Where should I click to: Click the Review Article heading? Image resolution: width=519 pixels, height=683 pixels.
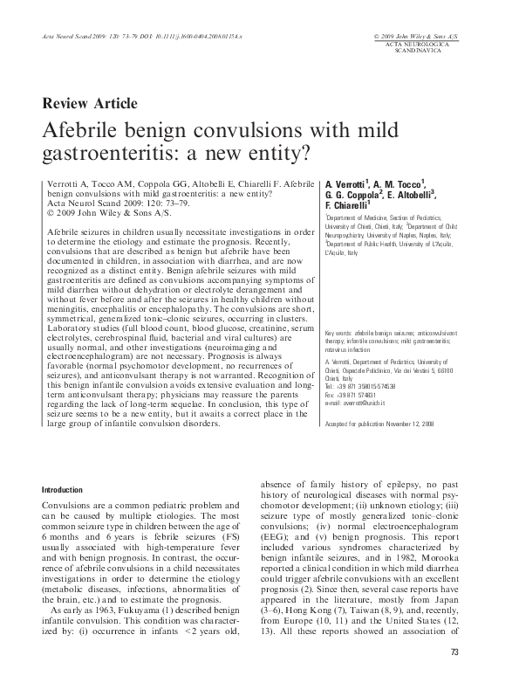[90, 103]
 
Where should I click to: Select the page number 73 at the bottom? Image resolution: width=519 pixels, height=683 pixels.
[454, 652]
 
